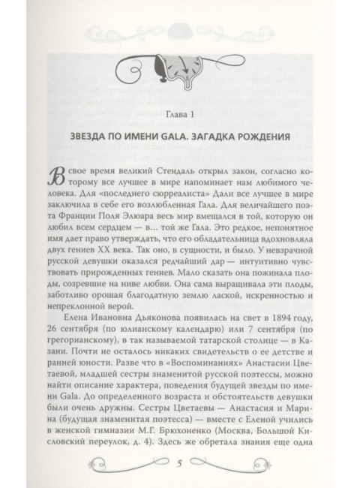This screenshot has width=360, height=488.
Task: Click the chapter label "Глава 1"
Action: pos(179,113)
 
